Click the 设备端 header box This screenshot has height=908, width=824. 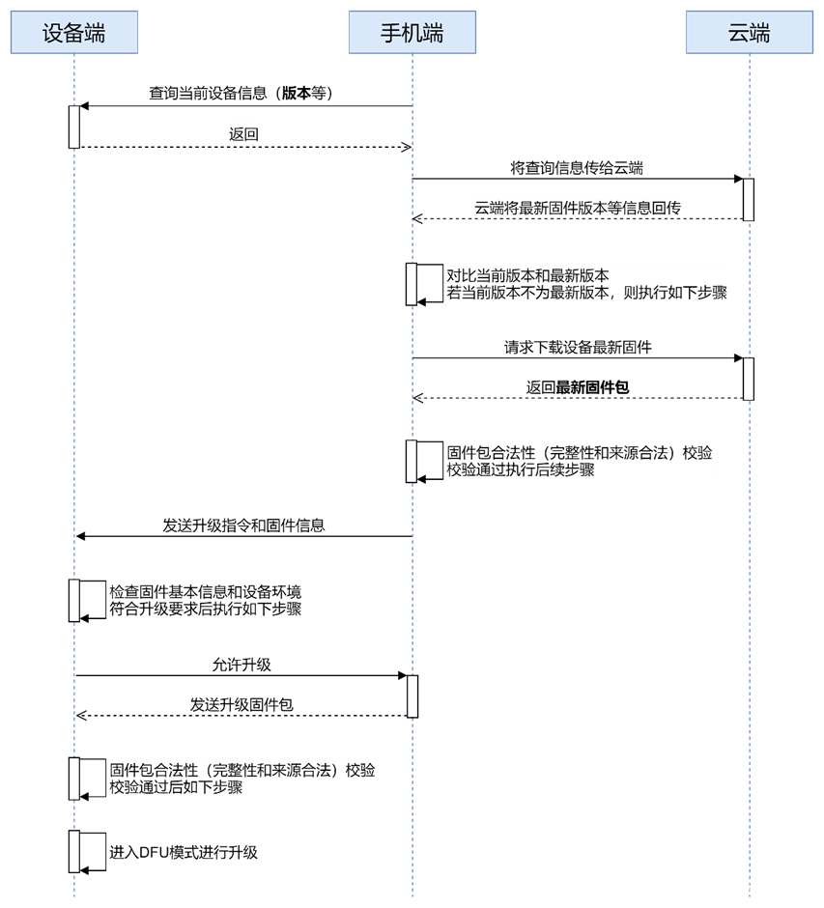click(74, 32)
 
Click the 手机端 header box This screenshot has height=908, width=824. click(412, 32)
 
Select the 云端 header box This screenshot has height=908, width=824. click(750, 32)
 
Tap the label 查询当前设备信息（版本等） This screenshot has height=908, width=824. click(246, 94)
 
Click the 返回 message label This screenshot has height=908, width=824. click(243, 134)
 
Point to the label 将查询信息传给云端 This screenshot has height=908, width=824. click(577, 168)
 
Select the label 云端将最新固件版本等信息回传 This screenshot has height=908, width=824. click(578, 208)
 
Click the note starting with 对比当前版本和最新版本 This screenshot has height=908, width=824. click(585, 284)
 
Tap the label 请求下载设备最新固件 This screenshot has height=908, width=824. click(578, 347)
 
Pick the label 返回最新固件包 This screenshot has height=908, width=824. click(578, 387)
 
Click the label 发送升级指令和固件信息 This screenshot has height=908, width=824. click(243, 525)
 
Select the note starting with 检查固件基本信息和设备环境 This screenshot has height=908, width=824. click(206, 600)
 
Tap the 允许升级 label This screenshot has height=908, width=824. click(242, 665)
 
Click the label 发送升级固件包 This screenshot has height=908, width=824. click(242, 705)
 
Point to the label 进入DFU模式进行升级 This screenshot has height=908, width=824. click(184, 852)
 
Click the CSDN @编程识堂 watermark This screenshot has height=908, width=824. click(742, 890)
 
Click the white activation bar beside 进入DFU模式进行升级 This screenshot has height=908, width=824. click(74, 851)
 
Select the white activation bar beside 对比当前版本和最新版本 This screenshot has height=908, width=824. click(412, 284)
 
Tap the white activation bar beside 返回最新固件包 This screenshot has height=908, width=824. click(749, 379)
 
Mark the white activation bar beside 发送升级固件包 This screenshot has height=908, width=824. click(412, 696)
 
